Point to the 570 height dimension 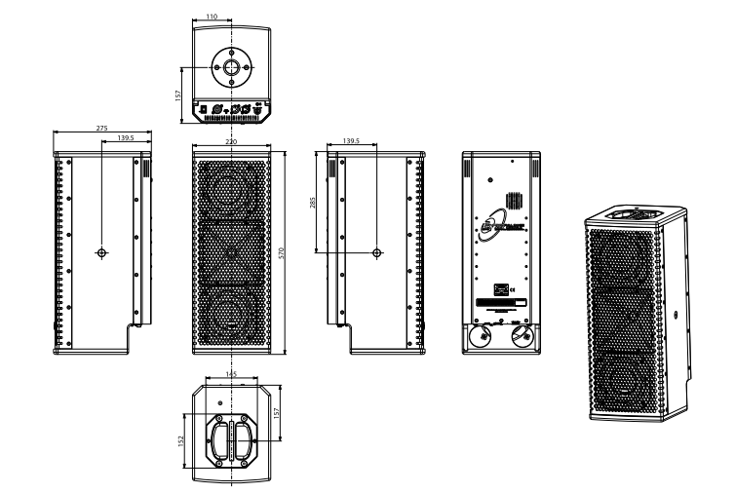point(283,253)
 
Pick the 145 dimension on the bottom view point(232,373)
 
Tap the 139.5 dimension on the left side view point(125,140)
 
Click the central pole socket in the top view point(232,68)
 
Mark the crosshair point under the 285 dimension point(377,252)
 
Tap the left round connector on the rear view point(479,336)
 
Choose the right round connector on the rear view point(523,336)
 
